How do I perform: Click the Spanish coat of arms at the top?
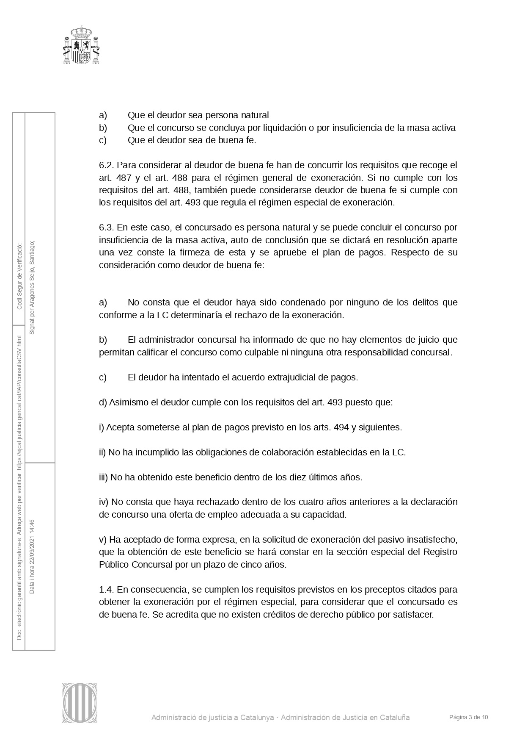coord(81,45)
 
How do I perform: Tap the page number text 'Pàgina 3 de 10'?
coord(468,717)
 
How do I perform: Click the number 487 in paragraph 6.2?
coord(124,177)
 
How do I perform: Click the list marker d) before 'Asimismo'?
coord(103,402)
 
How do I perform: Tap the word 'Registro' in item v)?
coord(440,552)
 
